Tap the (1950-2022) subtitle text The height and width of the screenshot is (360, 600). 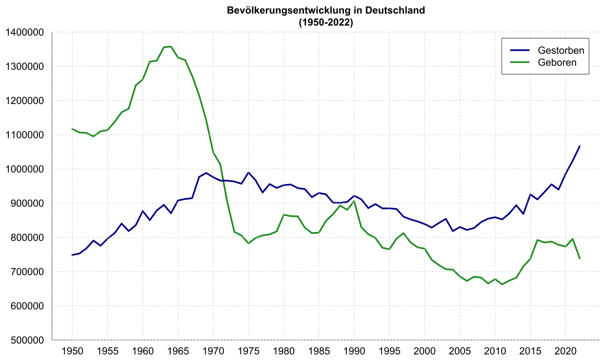[326, 22]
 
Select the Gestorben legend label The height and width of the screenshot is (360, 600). [561, 51]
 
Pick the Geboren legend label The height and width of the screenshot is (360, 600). [557, 62]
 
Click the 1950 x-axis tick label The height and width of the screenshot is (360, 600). [72, 351]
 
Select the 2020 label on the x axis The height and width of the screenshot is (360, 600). [565, 351]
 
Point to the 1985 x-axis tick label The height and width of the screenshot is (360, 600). [319, 351]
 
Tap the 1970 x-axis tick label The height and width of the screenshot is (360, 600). [213, 351]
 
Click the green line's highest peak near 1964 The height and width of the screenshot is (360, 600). [171, 46]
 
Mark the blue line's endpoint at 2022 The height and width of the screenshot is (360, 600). [579, 146]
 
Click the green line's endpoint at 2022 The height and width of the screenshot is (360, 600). [579, 258]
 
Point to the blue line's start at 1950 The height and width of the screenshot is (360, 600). [72, 255]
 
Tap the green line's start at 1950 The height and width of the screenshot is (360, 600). [72, 129]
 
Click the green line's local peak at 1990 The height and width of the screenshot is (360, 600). [354, 201]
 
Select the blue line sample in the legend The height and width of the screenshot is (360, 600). [519, 51]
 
